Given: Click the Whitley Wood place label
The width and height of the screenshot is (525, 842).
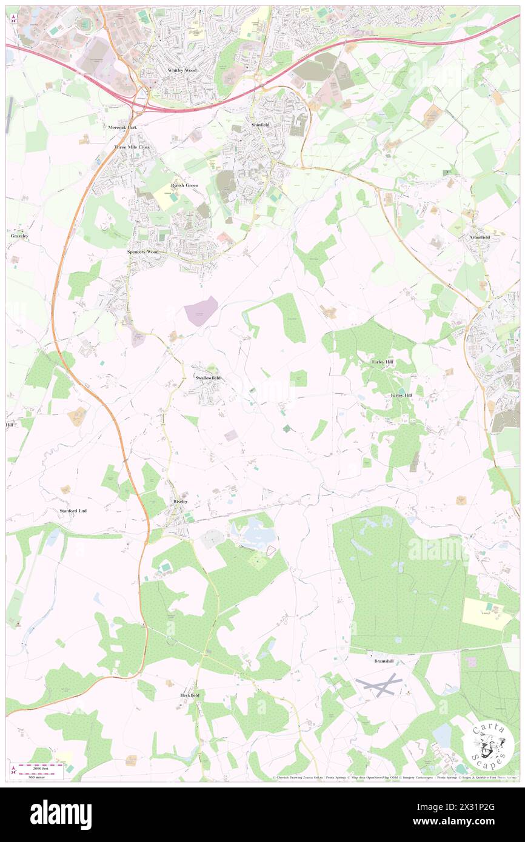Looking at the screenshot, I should tap(182, 70).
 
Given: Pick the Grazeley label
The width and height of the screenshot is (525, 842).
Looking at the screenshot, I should tap(19, 236).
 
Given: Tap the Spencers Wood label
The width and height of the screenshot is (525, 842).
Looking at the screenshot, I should tap(143, 251).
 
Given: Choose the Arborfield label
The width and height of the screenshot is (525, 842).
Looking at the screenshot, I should tap(479, 237).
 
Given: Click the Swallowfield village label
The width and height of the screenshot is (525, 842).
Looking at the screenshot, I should tap(208, 378).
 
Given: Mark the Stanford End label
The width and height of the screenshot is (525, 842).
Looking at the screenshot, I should tap(73, 511).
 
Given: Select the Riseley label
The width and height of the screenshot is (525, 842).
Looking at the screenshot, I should tap(181, 502).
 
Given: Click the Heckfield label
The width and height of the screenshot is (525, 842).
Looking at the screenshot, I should tap(190, 695).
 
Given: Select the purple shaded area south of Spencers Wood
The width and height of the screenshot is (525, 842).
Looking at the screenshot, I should tap(201, 311).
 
